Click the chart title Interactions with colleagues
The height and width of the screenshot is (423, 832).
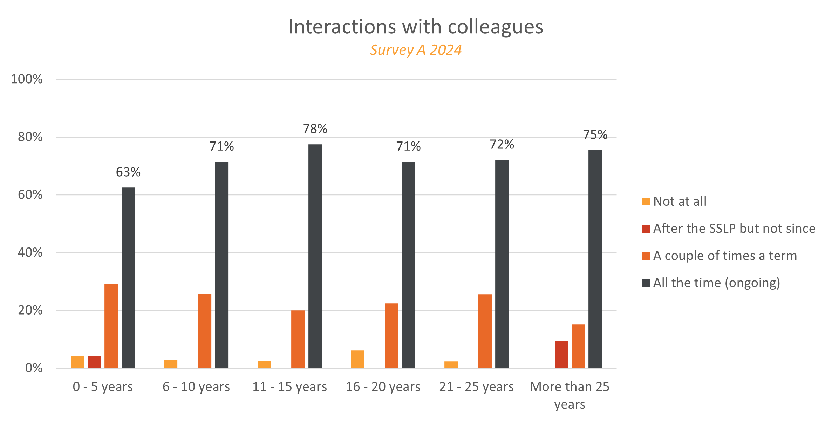(416, 27)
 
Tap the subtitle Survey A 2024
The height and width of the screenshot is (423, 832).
(416, 50)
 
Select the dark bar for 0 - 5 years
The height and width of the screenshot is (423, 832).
(128, 277)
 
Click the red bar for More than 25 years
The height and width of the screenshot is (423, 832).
(561, 354)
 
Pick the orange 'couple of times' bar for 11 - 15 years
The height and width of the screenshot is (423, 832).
(298, 339)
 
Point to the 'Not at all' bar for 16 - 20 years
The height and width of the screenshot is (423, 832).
(357, 359)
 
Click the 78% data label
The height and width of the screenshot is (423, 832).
(315, 129)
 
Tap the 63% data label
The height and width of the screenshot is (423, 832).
(128, 172)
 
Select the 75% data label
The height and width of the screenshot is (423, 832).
(595, 134)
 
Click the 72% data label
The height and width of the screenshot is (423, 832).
(502, 144)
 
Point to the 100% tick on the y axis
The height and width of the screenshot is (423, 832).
(27, 79)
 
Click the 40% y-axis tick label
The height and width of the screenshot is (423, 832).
(30, 252)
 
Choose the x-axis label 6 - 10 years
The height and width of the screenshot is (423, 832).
(196, 386)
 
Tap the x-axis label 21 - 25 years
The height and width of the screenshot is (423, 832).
(476, 386)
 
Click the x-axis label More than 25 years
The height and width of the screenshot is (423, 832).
(570, 395)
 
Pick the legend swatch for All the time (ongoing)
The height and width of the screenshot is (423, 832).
(646, 283)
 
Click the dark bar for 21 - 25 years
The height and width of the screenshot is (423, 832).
(502, 263)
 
